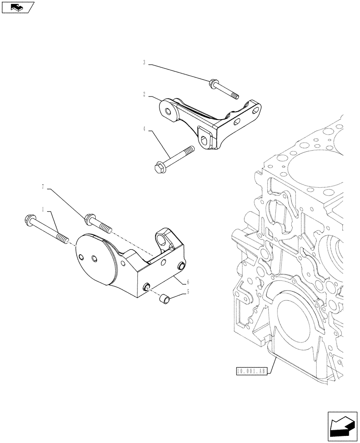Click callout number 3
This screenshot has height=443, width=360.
[145, 63]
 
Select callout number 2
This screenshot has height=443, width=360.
[145, 94]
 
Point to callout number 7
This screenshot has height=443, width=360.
[43, 187]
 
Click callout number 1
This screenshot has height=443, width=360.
[43, 208]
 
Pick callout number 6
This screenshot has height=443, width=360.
[188, 281]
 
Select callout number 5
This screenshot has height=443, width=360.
[188, 291]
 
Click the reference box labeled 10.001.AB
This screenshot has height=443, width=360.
[250, 372]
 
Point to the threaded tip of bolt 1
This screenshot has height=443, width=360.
[65, 240]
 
